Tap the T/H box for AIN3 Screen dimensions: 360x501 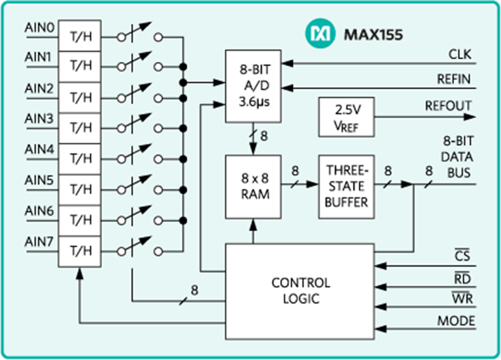pos(80,126)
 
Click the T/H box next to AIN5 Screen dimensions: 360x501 pos(80,189)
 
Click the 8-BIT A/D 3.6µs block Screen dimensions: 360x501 pos(252,86)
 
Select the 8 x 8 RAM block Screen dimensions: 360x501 pos(252,187)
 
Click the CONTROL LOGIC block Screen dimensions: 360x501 pos(300,290)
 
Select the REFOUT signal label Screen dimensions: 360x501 pos(448,106)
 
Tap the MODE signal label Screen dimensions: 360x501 pos(456,321)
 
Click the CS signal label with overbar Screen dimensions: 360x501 pos(462,256)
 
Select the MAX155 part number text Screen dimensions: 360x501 pos(364,34)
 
